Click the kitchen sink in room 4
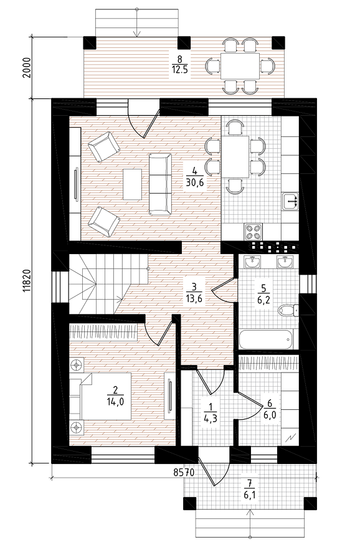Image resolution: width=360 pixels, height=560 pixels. (x=290, y=202)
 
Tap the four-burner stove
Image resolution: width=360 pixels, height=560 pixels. (x=253, y=232)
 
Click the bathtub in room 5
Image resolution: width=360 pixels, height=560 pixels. (x=268, y=339)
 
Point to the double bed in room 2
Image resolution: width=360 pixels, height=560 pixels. (x=105, y=396)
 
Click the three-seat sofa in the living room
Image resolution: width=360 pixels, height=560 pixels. (x=160, y=184)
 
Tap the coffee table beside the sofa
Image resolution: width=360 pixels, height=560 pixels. (x=132, y=184)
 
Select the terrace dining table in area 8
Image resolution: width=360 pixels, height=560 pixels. (x=240, y=66)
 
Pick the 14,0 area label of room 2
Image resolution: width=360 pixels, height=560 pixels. (x=115, y=402)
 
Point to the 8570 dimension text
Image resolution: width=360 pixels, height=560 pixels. (x=184, y=473)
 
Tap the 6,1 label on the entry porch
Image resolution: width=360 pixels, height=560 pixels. (x=250, y=495)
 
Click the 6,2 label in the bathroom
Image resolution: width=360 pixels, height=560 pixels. (x=264, y=299)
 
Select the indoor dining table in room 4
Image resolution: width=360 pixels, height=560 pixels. (x=235, y=156)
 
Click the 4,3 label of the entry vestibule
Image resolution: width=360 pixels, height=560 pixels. (x=211, y=418)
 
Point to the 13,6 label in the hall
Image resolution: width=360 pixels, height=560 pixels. (x=194, y=298)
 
